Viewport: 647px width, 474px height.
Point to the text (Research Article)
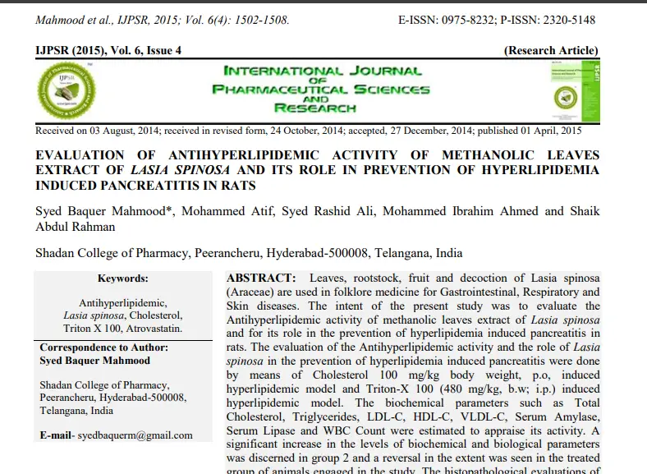pyautogui.click(x=551, y=51)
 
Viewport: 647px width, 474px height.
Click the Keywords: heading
pyautogui.click(x=122, y=279)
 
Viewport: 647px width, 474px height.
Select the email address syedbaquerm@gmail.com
pyautogui.click(x=135, y=435)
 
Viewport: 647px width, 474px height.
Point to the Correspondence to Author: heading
pyautogui.click(x=104, y=347)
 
